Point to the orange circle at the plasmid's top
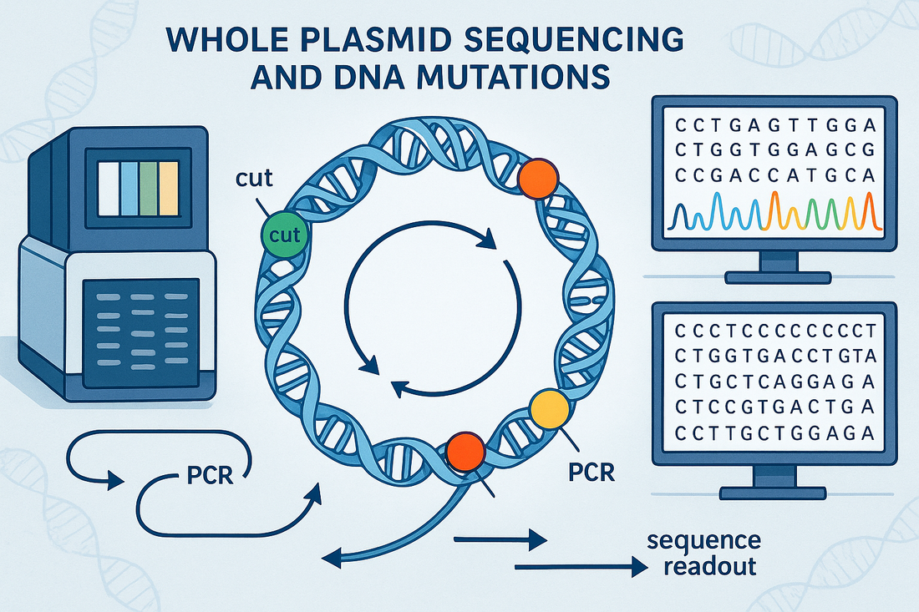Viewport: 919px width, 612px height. coord(538,179)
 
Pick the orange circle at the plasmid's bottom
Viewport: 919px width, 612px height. coord(466,453)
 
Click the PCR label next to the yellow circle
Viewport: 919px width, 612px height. coord(591,473)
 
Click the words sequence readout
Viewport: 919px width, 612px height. coord(703,554)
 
